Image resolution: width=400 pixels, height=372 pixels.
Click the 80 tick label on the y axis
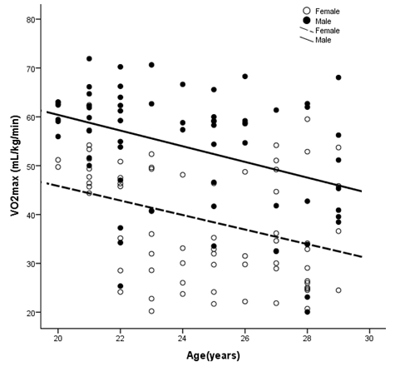(x=31, y=19)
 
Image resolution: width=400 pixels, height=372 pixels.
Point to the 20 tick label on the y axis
(x=31, y=313)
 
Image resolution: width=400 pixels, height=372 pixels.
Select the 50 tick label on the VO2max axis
(x=31, y=166)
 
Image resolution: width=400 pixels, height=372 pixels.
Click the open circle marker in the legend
(x=307, y=11)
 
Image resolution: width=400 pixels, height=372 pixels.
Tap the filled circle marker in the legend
(x=307, y=20)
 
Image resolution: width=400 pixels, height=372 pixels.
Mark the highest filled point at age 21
(x=89, y=59)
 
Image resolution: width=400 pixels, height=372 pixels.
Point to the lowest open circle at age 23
(x=151, y=311)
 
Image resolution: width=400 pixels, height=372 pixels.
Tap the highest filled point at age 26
(x=244, y=77)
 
